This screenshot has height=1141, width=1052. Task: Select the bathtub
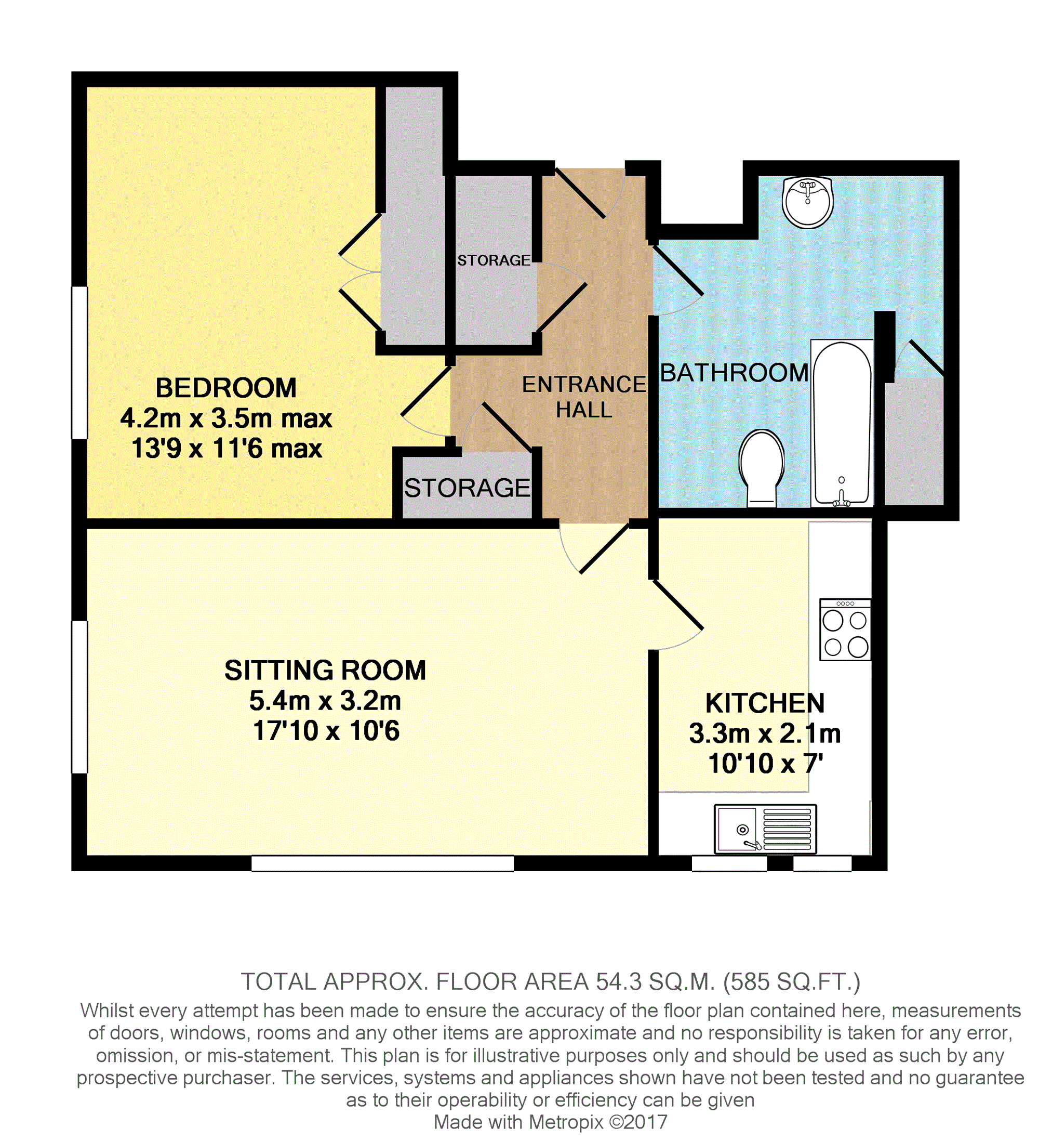pos(842,423)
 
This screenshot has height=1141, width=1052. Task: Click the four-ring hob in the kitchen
pos(845,629)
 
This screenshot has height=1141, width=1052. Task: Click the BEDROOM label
pos(226,388)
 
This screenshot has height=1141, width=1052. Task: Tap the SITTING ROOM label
pos(325,671)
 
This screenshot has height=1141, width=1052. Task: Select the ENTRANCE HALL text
pos(584,397)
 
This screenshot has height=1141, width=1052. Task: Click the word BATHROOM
pos(735,373)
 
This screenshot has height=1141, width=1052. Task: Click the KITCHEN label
pos(765,703)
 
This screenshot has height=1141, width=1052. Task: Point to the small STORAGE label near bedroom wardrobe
pos(494,260)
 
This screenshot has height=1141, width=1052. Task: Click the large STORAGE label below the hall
pos(467,488)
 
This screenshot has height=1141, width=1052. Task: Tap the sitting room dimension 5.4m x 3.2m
pos(325,701)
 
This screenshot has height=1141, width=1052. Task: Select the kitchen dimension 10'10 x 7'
pos(765,764)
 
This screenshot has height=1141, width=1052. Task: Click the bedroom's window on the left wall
pos(79,362)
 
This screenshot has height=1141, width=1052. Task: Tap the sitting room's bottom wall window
pos(382,863)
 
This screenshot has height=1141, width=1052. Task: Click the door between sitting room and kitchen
pos(677,615)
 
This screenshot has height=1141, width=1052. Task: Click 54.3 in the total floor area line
pos(618,981)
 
